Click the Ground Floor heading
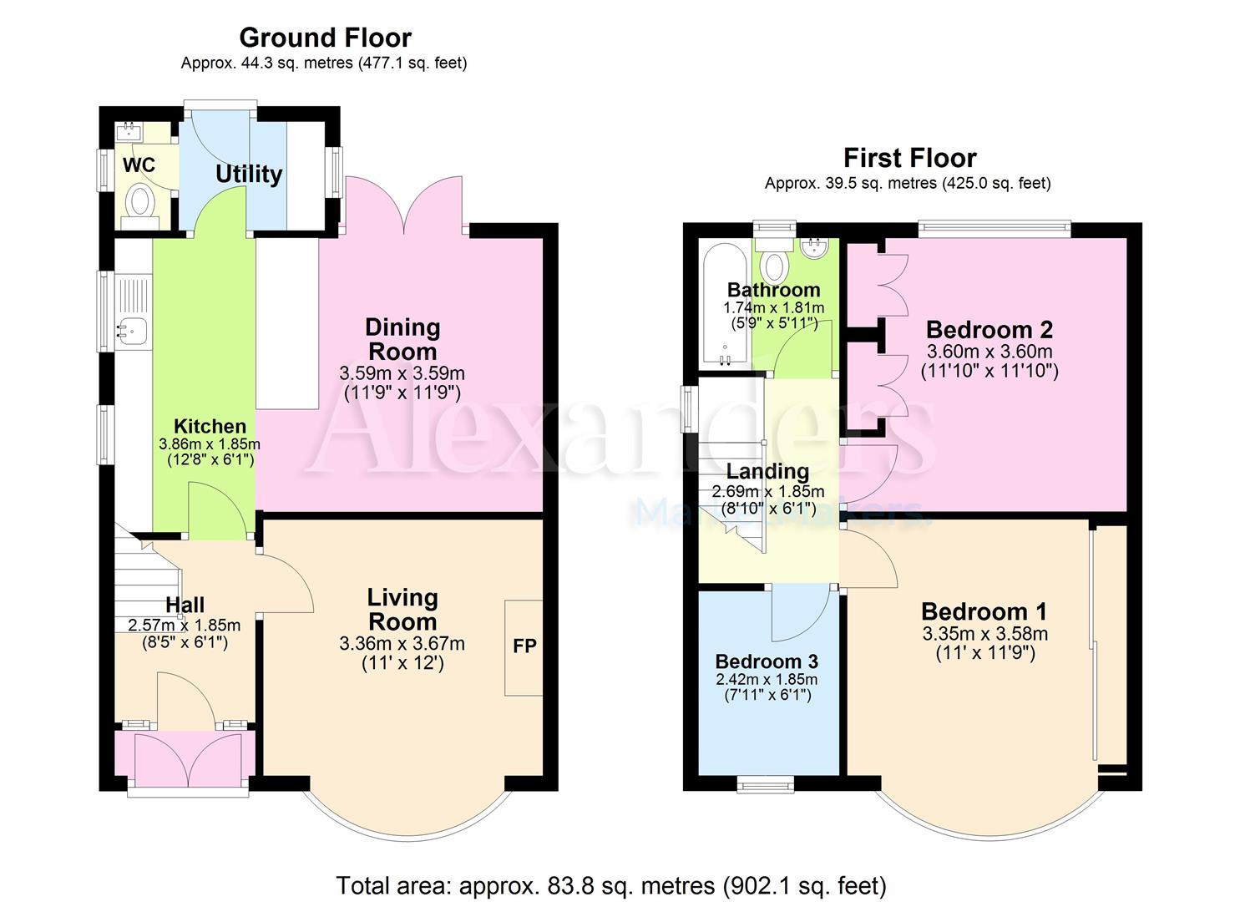[x=325, y=38]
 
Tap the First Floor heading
[x=909, y=159]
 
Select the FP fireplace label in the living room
[x=524, y=646]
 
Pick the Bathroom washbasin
[x=814, y=247]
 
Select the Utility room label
[x=249, y=175]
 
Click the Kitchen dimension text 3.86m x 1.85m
[x=210, y=444]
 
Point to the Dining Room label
[x=402, y=339]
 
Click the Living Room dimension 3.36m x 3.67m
[x=402, y=643]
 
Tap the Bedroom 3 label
[x=767, y=661]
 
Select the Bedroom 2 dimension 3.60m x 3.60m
[x=989, y=351]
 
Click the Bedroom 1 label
[x=984, y=612]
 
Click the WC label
[x=139, y=165]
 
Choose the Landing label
[x=767, y=471]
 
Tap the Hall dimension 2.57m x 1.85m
[x=185, y=626]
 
